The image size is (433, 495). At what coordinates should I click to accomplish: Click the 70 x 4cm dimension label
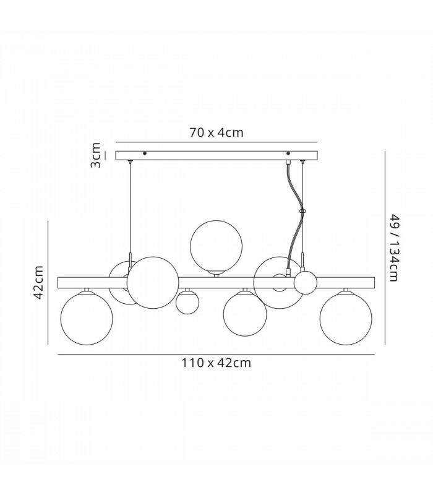click(216, 132)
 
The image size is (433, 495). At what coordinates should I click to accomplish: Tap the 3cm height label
click(95, 155)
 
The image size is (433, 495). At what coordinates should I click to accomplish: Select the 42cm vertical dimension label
click(38, 283)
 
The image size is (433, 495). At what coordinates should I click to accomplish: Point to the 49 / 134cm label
click(395, 248)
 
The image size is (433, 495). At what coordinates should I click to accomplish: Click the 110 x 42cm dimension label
click(216, 363)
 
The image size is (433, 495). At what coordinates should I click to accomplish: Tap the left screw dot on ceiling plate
click(145, 153)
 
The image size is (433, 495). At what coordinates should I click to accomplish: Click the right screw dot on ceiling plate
click(288, 153)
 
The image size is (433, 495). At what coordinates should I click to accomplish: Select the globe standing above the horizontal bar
click(216, 247)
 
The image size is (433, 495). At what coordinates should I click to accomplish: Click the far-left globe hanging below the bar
click(87, 318)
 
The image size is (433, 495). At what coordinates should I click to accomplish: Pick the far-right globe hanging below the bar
click(346, 318)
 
